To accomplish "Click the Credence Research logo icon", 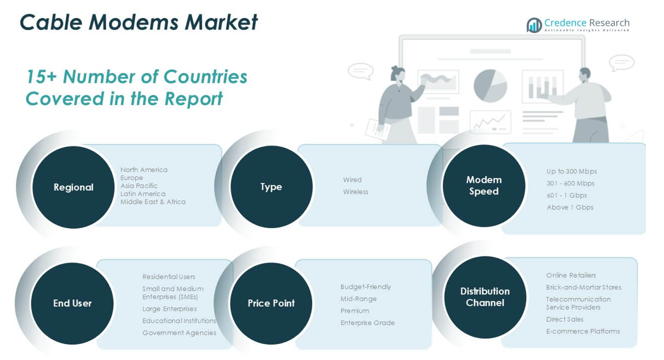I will (x=534, y=25).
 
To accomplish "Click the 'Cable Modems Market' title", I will (x=138, y=22).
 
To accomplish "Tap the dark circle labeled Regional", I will (x=73, y=187).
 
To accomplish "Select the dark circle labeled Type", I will (x=272, y=187).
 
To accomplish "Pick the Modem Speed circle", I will (x=484, y=185).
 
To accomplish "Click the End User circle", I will (x=72, y=303).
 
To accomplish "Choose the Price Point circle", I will (x=271, y=303).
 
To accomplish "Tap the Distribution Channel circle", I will (x=484, y=297).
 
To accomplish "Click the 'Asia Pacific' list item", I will (x=138, y=185).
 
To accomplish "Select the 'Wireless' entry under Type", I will (x=356, y=191).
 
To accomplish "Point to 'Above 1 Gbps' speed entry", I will (x=570, y=207).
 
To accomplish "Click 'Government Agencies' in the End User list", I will (x=179, y=333).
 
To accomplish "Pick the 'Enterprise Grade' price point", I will (x=367, y=323).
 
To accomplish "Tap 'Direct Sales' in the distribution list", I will (x=565, y=319).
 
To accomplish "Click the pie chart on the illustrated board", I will (x=490, y=85).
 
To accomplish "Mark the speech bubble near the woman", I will (x=361, y=71).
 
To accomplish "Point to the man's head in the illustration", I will (x=585, y=74).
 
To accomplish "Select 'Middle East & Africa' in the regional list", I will (x=153, y=202).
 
